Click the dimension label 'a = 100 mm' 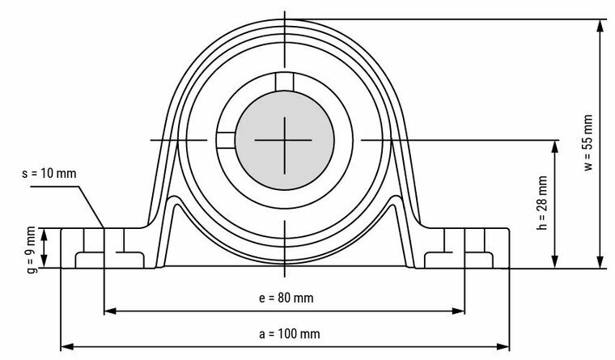tap(285, 332)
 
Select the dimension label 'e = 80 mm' tap(285, 298)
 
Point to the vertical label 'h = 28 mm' tap(543, 203)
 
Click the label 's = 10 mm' tap(49, 174)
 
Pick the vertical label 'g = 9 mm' tap(31, 248)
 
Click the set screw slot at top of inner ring tap(284, 82)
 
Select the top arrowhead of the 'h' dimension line tap(554, 145)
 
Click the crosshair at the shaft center tap(284, 140)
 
